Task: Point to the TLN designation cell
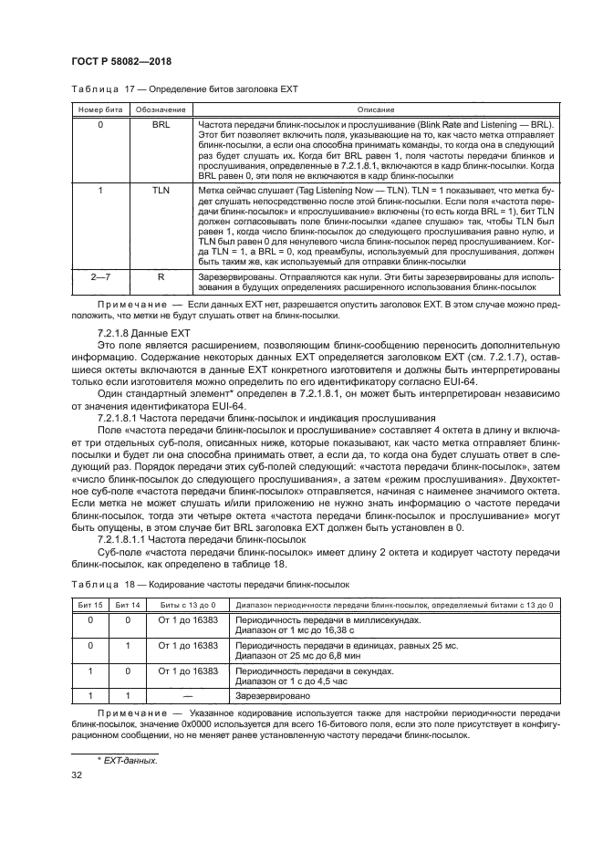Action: coord(154,190)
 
